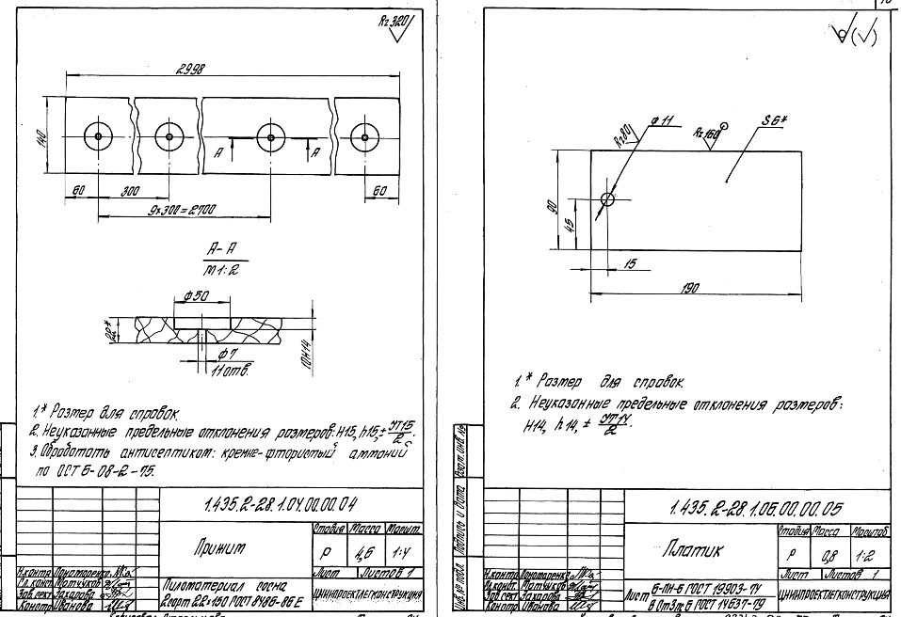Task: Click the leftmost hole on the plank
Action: point(97,136)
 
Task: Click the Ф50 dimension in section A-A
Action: point(197,297)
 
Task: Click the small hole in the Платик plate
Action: point(607,200)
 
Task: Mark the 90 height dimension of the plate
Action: point(555,205)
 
